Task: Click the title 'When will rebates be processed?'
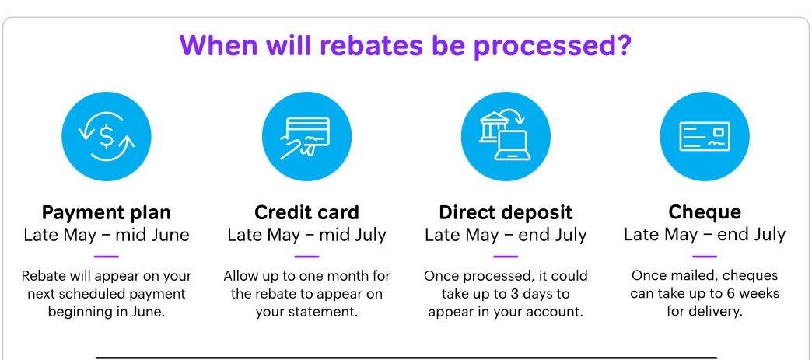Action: click(x=405, y=46)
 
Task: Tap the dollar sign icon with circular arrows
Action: click(x=106, y=136)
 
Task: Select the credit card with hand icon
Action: click(x=306, y=136)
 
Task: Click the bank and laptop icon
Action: click(x=506, y=136)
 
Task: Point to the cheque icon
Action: click(x=705, y=136)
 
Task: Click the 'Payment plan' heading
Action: click(x=106, y=212)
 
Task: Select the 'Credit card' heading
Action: click(x=306, y=212)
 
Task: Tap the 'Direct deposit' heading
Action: click(x=506, y=212)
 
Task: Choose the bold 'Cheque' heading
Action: click(x=705, y=211)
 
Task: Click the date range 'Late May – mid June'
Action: click(x=106, y=235)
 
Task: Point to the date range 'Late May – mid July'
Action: click(x=306, y=235)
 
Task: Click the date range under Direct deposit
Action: click(x=506, y=235)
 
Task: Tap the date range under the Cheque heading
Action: click(x=705, y=235)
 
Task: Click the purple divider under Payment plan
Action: click(x=106, y=256)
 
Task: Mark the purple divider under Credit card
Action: click(x=306, y=256)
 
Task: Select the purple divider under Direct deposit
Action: click(x=506, y=256)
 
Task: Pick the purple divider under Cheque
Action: click(x=705, y=256)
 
